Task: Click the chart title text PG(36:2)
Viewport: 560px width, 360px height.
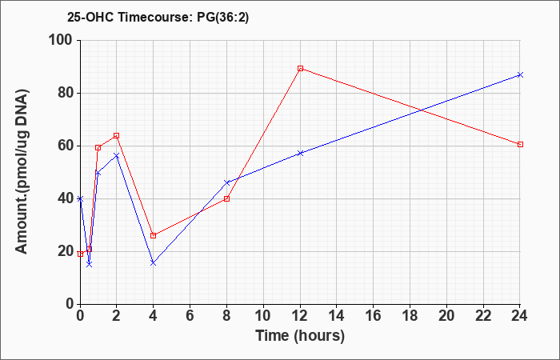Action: (x=223, y=18)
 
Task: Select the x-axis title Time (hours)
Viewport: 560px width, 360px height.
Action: (x=300, y=336)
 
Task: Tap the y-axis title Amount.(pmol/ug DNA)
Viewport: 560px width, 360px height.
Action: (x=22, y=172)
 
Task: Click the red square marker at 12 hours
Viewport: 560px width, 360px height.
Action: (x=300, y=69)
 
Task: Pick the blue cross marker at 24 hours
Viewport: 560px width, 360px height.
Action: (x=520, y=74)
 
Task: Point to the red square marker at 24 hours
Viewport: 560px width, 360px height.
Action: (x=520, y=144)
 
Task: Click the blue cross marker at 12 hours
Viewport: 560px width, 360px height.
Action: (x=300, y=154)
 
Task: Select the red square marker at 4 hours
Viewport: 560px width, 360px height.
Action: (x=154, y=235)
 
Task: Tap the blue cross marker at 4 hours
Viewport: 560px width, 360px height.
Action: (x=154, y=263)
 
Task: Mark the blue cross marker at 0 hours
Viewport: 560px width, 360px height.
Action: (x=80, y=198)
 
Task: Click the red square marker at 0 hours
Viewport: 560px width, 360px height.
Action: (x=80, y=254)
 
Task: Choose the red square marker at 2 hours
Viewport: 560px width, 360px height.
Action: (x=117, y=136)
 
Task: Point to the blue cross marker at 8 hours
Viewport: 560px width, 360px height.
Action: (x=226, y=182)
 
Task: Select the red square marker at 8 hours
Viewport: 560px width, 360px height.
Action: (x=226, y=198)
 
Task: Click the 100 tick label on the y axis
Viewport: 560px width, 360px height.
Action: (x=61, y=40)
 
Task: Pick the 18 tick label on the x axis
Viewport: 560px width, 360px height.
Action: (x=410, y=316)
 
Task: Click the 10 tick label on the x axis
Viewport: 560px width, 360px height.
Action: (x=263, y=316)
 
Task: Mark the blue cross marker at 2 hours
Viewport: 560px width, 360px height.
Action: (x=117, y=155)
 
